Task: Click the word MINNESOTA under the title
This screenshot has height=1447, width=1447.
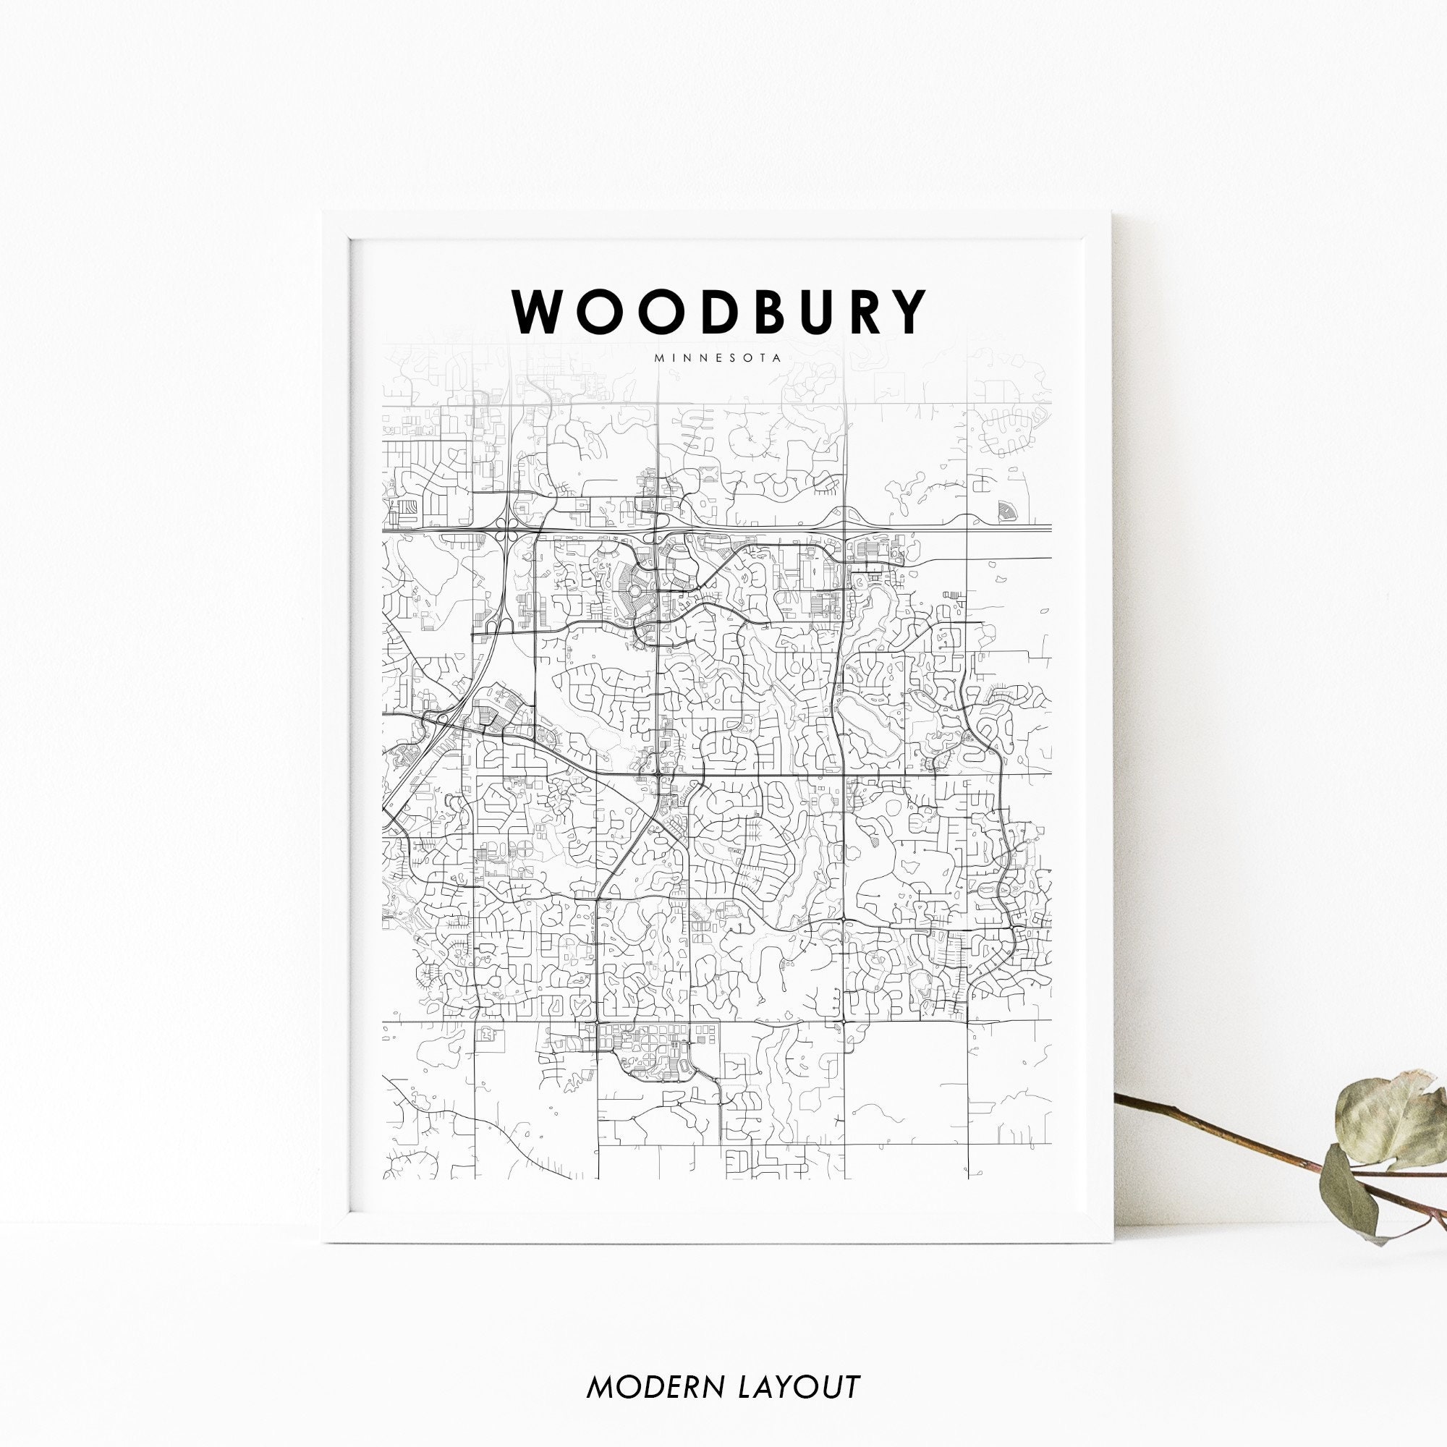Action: coord(718,358)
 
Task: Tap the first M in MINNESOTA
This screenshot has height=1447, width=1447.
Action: coord(658,358)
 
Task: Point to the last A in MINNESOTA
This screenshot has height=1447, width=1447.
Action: coord(778,358)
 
